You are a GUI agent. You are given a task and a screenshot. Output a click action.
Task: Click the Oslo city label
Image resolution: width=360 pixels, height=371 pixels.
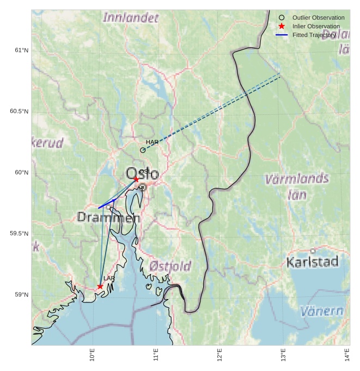143,175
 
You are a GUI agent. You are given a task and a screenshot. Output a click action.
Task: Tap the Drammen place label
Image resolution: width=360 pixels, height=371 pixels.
108,217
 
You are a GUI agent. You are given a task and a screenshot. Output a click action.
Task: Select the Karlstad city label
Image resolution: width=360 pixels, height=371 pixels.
312,262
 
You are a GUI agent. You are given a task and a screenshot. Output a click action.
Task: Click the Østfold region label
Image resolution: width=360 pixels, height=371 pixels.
170,266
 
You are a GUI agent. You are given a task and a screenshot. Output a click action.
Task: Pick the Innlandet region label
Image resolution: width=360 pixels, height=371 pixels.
131,17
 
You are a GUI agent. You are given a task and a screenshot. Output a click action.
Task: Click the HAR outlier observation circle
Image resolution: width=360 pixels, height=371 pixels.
143,150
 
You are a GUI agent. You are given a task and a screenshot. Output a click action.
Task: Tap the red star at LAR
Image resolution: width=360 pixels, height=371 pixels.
100,286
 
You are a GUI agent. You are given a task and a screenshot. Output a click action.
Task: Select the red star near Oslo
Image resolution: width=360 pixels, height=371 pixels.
136,179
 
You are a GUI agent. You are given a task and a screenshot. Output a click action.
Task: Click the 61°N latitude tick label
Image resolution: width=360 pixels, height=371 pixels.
21,51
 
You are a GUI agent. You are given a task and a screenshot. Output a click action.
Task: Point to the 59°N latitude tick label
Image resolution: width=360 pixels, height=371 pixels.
21,295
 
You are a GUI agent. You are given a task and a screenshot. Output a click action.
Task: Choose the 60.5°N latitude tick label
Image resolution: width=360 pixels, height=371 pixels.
19,112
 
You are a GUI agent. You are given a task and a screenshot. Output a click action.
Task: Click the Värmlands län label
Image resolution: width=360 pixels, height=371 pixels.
297,185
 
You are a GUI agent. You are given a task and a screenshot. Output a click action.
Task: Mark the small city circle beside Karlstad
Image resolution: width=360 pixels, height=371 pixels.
313,251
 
